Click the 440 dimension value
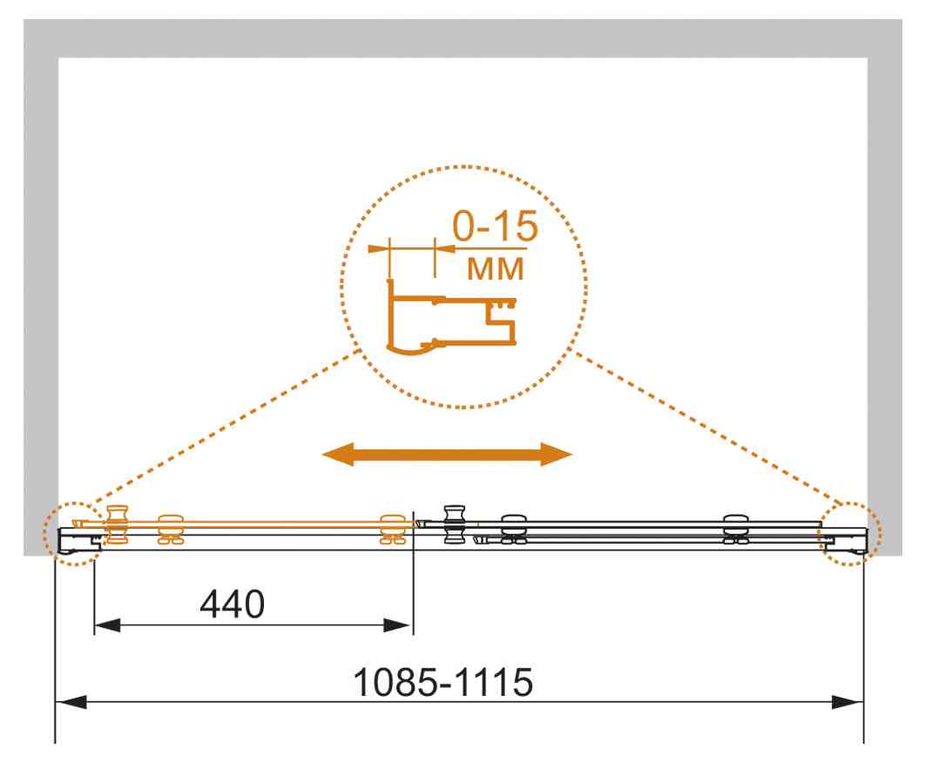[232, 604]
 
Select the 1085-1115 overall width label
[443, 682]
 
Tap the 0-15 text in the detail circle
[495, 226]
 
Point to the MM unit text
[495, 268]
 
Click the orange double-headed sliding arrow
[447, 454]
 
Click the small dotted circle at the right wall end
[849, 533]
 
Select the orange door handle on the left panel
[117, 524]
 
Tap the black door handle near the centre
[454, 523]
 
